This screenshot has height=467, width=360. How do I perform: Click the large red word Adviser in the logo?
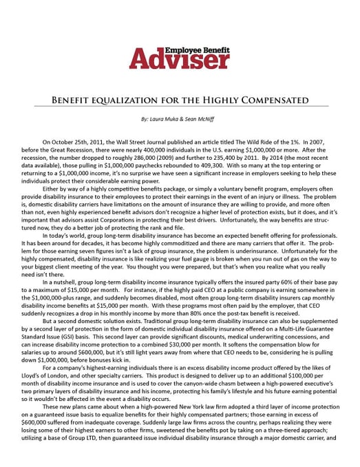(x=180, y=60)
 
